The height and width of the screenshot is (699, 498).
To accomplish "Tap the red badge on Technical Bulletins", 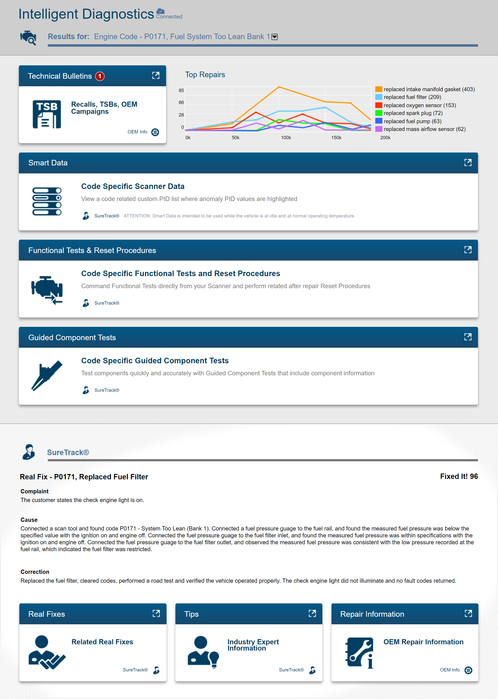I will coord(100,76).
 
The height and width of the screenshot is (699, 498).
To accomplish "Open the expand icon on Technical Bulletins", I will coord(156,75).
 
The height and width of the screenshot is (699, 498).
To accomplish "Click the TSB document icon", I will coord(47,114).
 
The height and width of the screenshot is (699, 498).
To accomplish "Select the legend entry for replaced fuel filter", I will coord(412,97).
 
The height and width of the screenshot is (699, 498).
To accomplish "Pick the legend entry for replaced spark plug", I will coord(413,113).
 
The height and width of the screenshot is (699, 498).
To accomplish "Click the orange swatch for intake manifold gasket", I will coord(379,89).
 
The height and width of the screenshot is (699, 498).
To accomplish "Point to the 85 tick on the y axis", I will coord(181,90).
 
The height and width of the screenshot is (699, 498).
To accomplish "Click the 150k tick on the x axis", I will coord(336,138).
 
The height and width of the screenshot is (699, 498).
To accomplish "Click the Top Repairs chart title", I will coord(205,74).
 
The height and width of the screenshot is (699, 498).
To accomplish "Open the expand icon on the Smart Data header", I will coord(468,163).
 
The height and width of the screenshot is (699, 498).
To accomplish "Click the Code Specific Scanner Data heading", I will coord(133,186).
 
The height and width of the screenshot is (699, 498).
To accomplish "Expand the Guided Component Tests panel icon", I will coord(468,337).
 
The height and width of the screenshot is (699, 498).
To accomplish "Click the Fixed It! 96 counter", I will coord(459,476).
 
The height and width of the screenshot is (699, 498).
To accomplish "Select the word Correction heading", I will coord(35,572).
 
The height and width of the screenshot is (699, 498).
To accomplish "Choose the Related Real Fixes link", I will coord(102,642).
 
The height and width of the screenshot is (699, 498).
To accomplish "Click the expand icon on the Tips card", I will coord(312,613).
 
